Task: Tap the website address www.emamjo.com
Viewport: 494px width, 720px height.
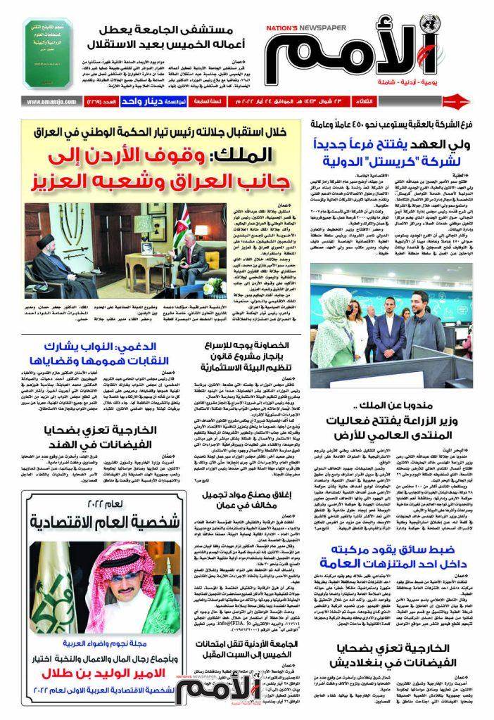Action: coord(50,101)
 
